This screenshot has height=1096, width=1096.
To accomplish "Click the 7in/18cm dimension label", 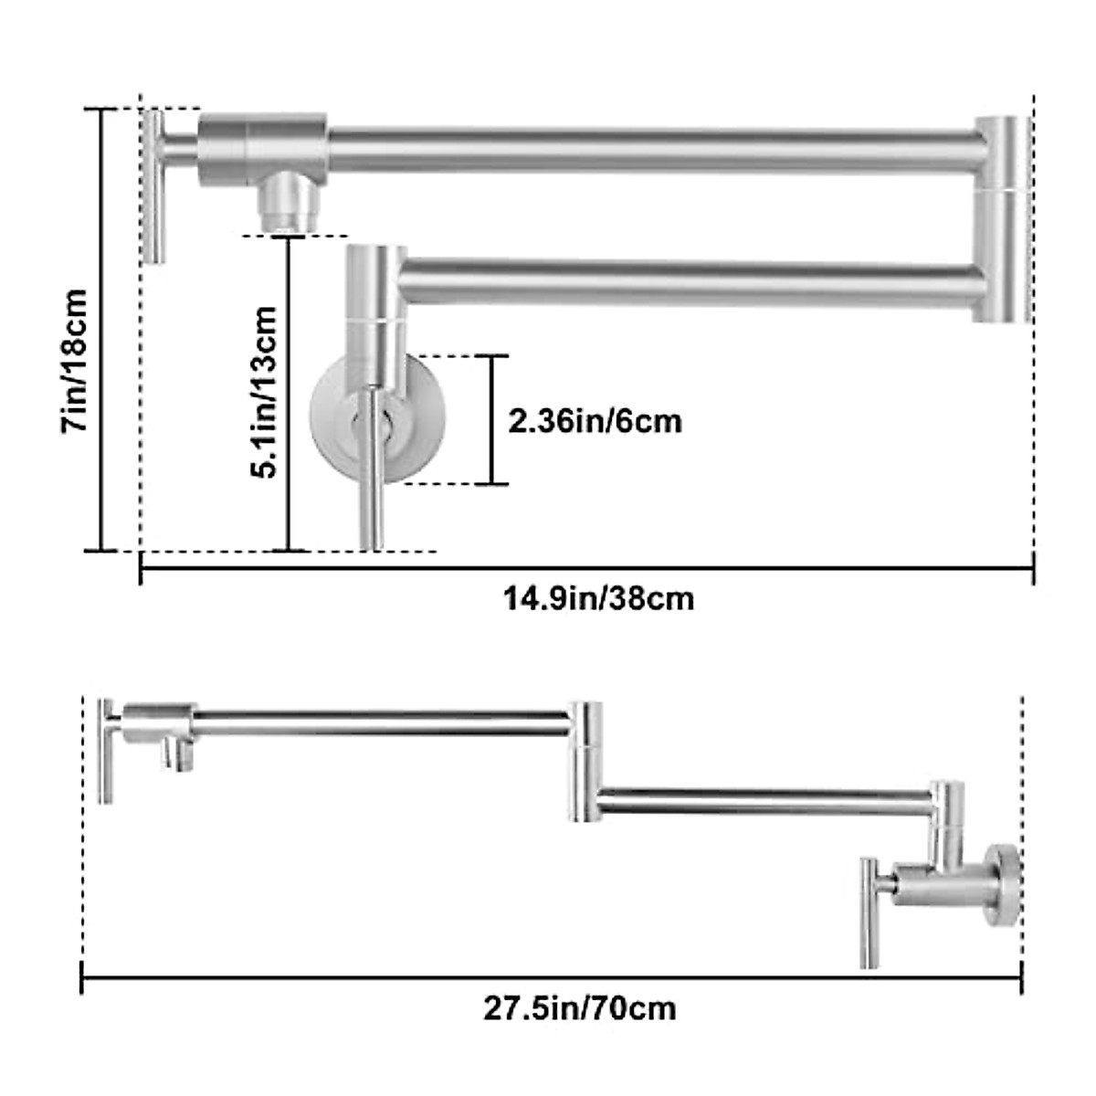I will (75, 361).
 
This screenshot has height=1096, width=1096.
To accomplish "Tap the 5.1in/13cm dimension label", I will (264, 393).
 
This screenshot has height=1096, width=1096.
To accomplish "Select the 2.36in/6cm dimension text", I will (595, 421).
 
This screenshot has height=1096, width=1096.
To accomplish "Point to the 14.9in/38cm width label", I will (598, 599).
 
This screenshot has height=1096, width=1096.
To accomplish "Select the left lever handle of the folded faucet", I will (154, 187).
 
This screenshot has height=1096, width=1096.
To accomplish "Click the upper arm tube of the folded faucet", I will (648, 150).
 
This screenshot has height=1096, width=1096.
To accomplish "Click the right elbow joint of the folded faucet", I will (1002, 219).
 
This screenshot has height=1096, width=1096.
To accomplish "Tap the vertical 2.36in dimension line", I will (493, 419).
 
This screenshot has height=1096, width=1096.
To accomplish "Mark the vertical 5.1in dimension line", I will (289, 393).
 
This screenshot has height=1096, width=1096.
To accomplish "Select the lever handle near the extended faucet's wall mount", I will (869, 913).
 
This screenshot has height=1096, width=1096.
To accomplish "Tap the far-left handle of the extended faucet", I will (107, 753).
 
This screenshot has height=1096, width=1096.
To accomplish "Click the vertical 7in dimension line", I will (101, 329).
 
